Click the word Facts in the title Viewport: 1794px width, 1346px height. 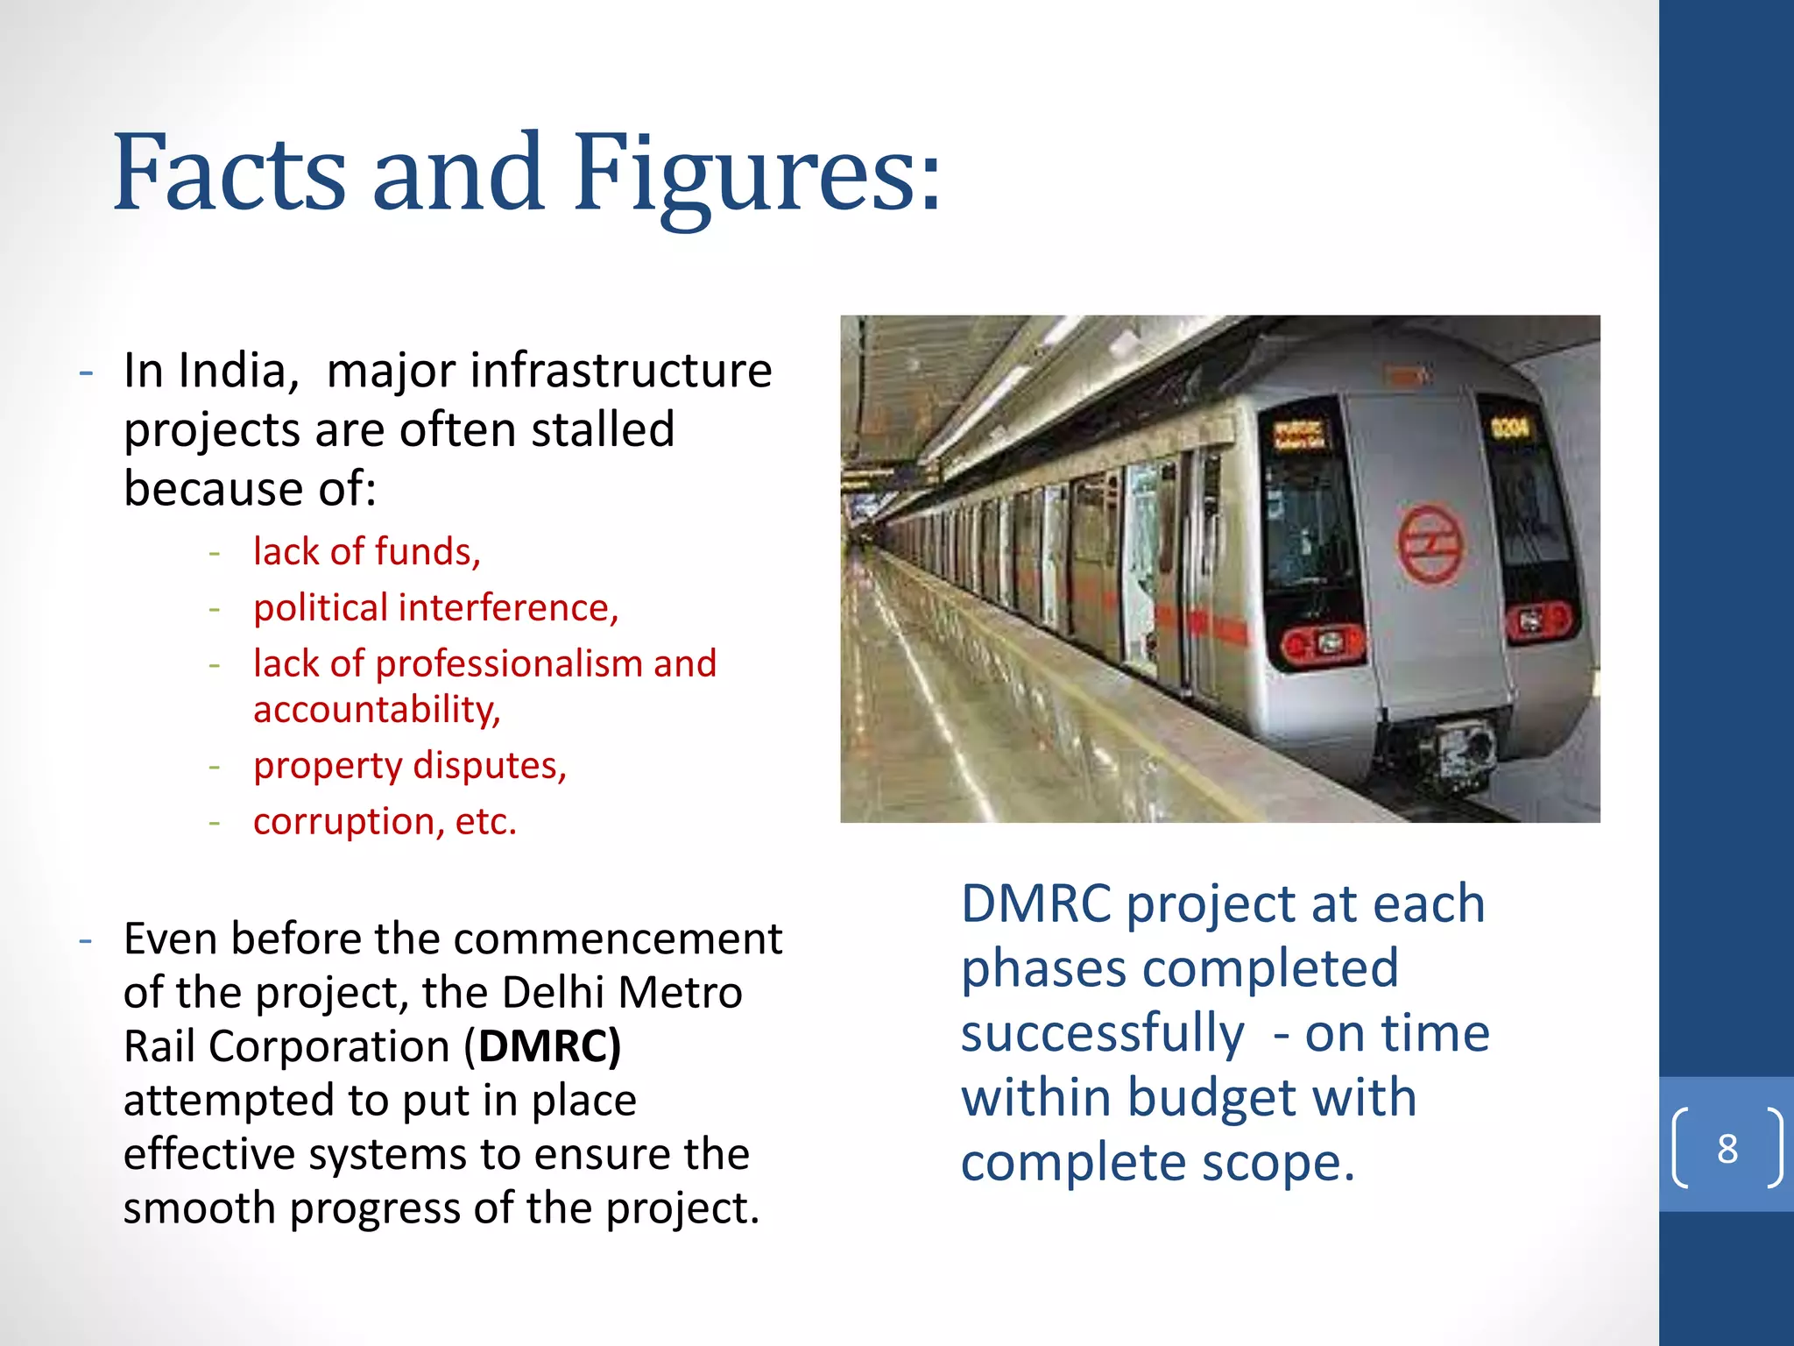click(x=230, y=175)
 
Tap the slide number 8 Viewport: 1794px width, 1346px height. click(x=1727, y=1148)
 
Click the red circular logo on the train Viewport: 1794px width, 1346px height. click(x=1430, y=544)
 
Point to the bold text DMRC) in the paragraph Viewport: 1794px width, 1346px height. click(x=550, y=1046)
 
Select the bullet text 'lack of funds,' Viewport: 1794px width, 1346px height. click(x=366, y=552)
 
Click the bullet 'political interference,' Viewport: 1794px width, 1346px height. click(x=435, y=608)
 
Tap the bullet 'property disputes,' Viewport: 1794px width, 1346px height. click(x=410, y=766)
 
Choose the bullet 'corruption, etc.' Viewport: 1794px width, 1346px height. click(x=385, y=822)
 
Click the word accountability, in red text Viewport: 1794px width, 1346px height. click(x=377, y=710)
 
